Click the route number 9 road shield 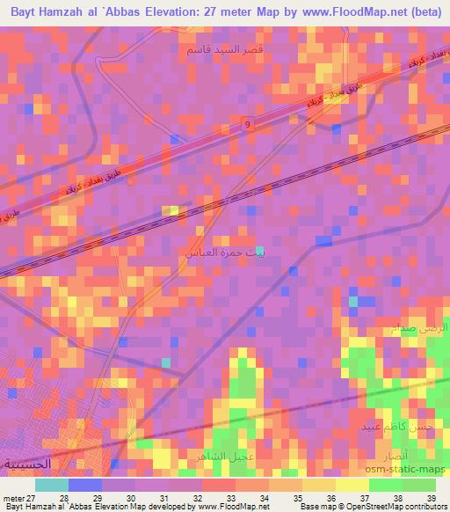(248, 124)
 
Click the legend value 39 (430, 498)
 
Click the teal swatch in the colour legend (52, 485)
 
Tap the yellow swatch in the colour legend (352, 485)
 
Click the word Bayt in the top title (27, 11)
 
